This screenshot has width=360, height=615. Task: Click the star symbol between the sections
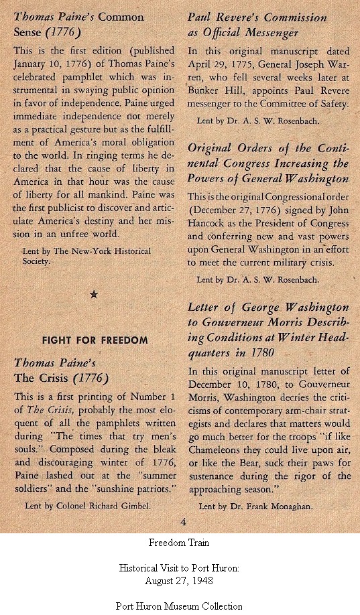click(x=93, y=293)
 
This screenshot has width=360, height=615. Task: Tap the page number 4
click(x=183, y=522)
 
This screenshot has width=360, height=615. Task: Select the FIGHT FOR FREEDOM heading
click(x=95, y=340)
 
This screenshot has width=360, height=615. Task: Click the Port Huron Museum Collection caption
click(x=180, y=606)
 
